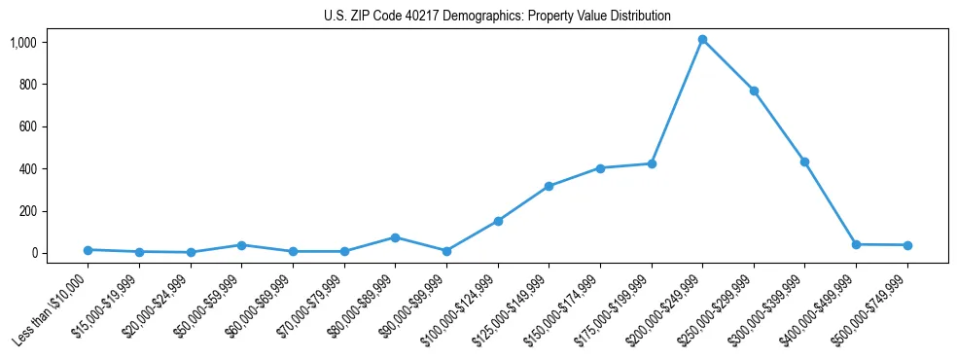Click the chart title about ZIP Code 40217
click(497, 17)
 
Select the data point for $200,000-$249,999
click(702, 40)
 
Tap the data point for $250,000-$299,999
click(754, 90)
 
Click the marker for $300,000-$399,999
click(804, 162)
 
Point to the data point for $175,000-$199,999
click(652, 163)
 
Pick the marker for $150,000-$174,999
click(600, 168)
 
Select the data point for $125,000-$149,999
click(549, 186)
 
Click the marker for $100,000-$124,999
click(498, 221)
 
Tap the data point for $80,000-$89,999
click(395, 237)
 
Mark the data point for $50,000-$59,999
click(241, 245)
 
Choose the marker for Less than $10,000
click(88, 250)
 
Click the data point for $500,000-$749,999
click(907, 245)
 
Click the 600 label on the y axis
click(27, 126)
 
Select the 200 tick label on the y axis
click(27, 211)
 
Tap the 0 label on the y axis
click(34, 253)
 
